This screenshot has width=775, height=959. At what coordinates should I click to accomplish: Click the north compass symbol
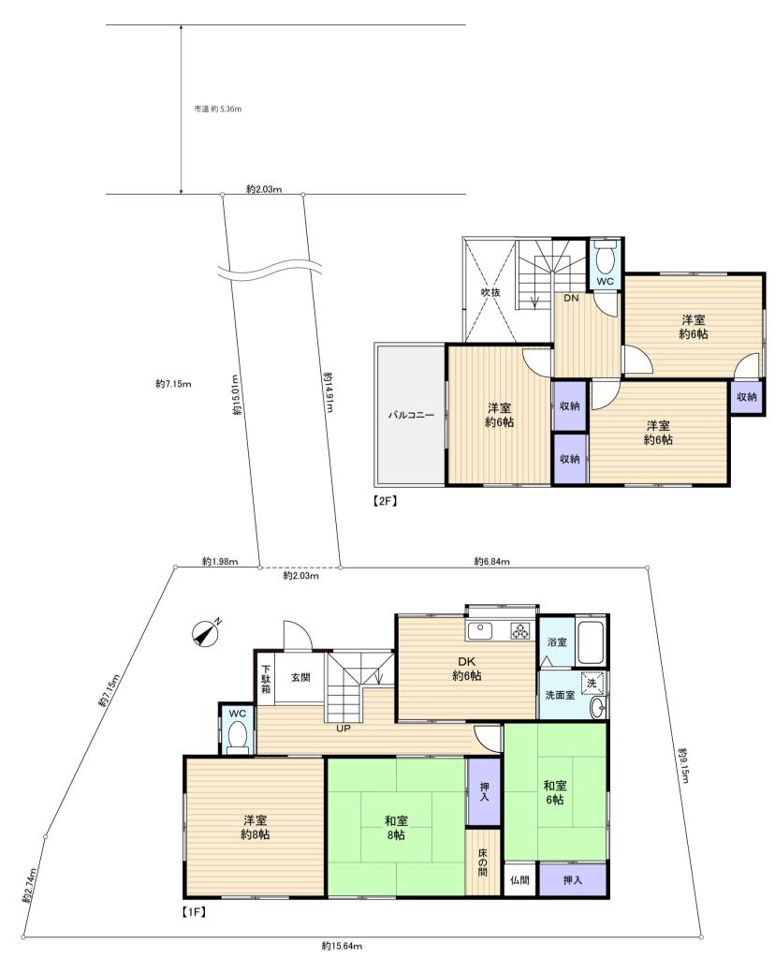[x=206, y=634]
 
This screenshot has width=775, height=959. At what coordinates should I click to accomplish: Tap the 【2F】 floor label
[x=386, y=501]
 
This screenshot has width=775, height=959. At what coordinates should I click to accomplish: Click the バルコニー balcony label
[x=411, y=415]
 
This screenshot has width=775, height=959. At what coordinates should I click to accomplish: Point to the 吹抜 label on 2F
[x=490, y=292]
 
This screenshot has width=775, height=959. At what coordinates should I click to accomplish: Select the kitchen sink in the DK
[x=482, y=630]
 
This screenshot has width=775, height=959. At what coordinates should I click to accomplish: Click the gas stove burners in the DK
[x=520, y=630]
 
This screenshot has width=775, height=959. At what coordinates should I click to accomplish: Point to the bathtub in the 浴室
[x=591, y=642]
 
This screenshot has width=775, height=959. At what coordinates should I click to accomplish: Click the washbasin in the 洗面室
[x=599, y=708]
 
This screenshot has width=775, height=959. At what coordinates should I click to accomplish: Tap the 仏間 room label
[x=519, y=880]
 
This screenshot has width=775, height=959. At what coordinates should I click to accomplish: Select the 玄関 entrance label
[x=300, y=677]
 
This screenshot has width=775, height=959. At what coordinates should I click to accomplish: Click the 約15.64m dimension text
[x=342, y=946]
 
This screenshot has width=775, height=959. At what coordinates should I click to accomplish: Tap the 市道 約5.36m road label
[x=218, y=109]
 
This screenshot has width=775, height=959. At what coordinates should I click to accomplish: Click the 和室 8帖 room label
[x=396, y=828]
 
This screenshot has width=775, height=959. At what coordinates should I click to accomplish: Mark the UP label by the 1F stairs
[x=344, y=729]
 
